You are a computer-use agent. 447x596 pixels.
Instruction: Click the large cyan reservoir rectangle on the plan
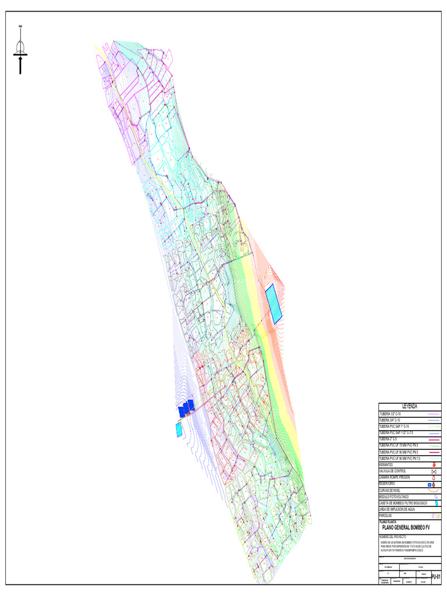click(x=274, y=304)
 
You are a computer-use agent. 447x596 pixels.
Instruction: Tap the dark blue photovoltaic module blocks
click(x=186, y=408)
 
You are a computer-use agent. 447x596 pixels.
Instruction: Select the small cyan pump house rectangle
click(x=179, y=430)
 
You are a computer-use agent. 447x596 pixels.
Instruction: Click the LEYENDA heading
click(x=410, y=406)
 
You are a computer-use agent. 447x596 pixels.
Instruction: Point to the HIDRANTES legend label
click(x=386, y=464)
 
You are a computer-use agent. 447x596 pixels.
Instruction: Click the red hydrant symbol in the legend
click(x=434, y=464)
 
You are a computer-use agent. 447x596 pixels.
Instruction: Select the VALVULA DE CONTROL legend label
click(x=393, y=471)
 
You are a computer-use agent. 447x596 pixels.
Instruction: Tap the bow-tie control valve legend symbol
click(x=434, y=471)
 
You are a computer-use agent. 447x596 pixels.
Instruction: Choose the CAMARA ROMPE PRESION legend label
click(x=395, y=477)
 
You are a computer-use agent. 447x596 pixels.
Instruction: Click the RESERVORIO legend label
click(x=387, y=484)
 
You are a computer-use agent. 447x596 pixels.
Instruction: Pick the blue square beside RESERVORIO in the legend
click(x=429, y=484)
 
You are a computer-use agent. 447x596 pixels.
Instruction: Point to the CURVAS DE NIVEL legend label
click(x=390, y=490)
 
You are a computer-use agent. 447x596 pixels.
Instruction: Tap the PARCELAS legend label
click(x=385, y=516)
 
